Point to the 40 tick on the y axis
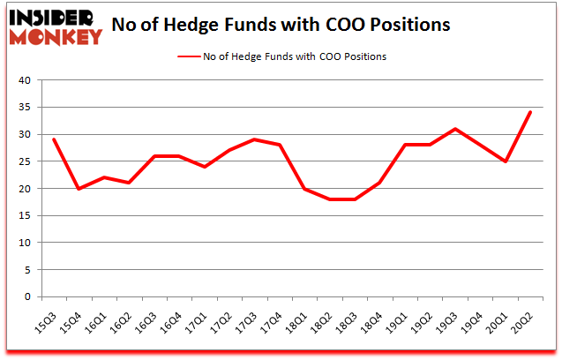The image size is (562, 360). (x=24, y=80)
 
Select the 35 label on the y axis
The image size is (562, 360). (x=24, y=108)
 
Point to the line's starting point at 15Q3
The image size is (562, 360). (x=54, y=139)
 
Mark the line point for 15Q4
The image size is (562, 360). (x=79, y=188)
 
